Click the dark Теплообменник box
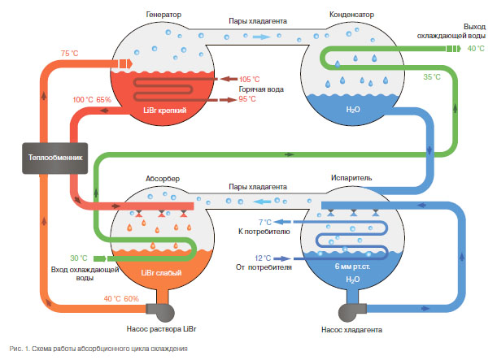55,158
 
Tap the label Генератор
163,15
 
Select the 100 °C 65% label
92,100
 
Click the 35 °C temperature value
431,77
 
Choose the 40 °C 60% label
123,299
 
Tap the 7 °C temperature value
264,222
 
